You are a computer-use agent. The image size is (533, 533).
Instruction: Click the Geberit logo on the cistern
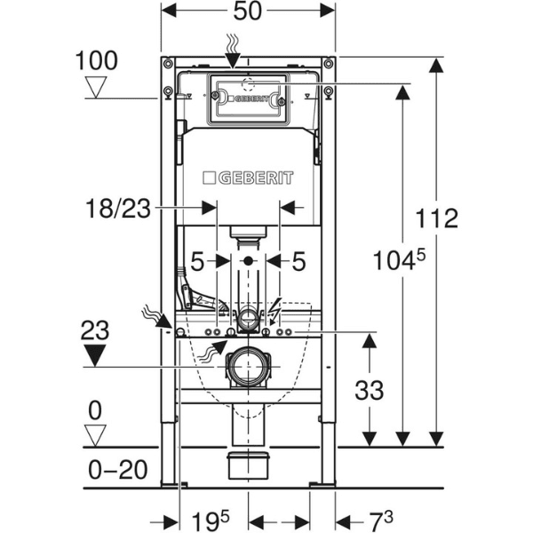[x=248, y=178]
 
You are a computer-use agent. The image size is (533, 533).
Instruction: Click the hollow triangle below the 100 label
[x=97, y=87]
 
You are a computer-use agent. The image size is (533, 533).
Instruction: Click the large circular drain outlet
[x=248, y=367]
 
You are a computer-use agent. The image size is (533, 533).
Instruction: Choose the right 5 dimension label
[x=299, y=262]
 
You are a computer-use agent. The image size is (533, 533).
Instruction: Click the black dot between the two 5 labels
[x=248, y=262]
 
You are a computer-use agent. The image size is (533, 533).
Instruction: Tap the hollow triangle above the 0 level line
[x=96, y=435]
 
